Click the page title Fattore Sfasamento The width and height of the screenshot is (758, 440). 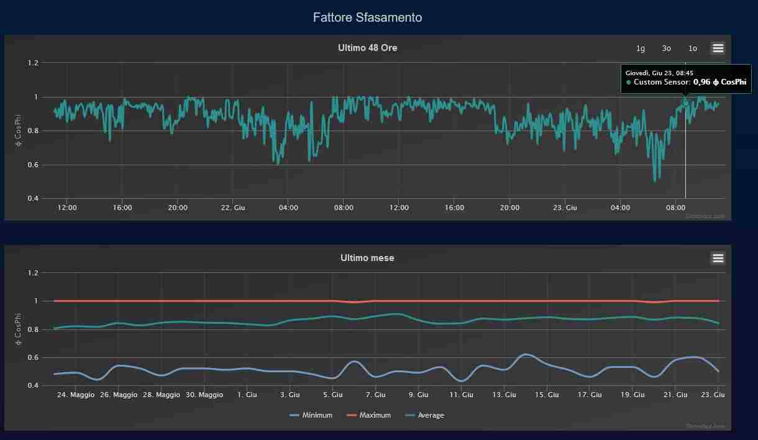click(367, 17)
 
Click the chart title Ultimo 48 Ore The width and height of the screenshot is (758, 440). click(367, 48)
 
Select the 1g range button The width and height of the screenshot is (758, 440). click(641, 48)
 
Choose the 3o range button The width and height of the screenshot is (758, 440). click(667, 48)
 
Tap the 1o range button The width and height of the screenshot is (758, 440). click(693, 48)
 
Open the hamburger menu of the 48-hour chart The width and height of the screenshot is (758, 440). click(718, 48)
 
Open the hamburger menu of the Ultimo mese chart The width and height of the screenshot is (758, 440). click(718, 258)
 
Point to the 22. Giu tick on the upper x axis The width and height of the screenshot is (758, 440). click(233, 208)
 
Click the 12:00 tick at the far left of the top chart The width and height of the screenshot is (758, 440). click(67, 208)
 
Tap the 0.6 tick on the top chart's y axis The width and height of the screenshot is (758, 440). click(32, 165)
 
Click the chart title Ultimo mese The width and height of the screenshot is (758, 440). click(367, 258)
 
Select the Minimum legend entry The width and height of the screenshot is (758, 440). click(311, 415)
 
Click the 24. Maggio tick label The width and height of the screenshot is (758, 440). click(76, 395)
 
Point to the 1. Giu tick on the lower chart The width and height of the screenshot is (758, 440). click(247, 395)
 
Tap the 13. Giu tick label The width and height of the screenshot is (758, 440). click(504, 395)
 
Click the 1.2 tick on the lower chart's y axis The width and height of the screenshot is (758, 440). click(32, 273)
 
